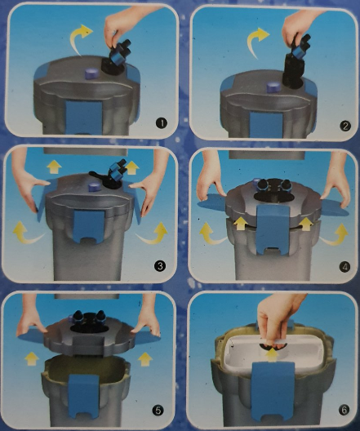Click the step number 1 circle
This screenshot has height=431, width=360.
[x=162, y=123]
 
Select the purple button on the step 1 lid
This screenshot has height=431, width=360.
[x=91, y=73]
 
